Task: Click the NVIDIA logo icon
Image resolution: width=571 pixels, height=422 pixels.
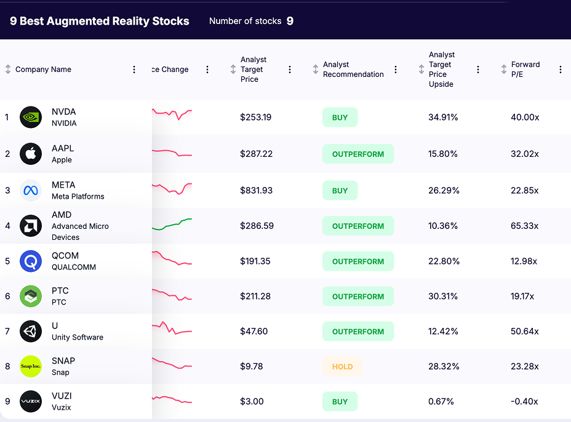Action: click(x=31, y=117)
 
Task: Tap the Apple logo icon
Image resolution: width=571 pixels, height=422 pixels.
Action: click(x=31, y=154)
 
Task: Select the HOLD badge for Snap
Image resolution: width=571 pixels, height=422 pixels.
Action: click(x=342, y=367)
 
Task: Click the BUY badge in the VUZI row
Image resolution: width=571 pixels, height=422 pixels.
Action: click(x=340, y=402)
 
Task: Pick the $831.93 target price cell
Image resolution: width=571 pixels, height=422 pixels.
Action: click(x=256, y=191)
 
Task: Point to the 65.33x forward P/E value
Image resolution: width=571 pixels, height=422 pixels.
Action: click(x=524, y=226)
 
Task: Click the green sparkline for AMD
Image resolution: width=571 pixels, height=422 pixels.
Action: click(x=172, y=225)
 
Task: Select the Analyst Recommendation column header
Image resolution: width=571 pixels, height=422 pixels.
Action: click(x=353, y=70)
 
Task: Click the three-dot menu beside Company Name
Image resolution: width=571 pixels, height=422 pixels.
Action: click(x=134, y=70)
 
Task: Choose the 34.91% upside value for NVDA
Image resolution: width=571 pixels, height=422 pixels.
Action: click(x=443, y=117)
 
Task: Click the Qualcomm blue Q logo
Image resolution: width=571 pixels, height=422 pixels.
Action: click(x=31, y=261)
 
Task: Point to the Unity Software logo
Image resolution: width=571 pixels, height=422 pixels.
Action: click(x=31, y=332)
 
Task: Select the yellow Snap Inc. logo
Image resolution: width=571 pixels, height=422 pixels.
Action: click(x=31, y=367)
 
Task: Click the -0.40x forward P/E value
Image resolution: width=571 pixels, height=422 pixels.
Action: click(x=524, y=402)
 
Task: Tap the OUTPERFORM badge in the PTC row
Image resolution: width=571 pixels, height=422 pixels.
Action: click(x=357, y=297)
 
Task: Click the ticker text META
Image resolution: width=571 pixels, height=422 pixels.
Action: click(x=63, y=185)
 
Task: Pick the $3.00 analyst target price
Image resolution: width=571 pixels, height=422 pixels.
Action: click(x=252, y=402)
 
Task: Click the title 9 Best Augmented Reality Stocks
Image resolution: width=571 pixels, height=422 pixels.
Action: click(x=100, y=21)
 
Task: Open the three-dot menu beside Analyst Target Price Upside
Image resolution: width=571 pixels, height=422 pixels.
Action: click(x=478, y=70)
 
